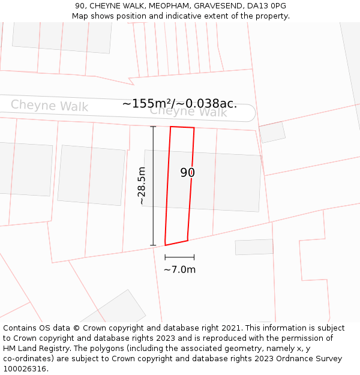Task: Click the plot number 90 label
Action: (x=188, y=173)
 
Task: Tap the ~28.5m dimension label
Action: (x=142, y=186)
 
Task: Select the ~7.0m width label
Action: (x=179, y=270)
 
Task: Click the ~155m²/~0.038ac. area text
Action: (x=179, y=104)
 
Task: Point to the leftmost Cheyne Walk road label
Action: (x=49, y=106)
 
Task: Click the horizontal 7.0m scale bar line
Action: (x=179, y=257)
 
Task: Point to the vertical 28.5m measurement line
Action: (x=153, y=186)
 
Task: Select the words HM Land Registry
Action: (x=35, y=349)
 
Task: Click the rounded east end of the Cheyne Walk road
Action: (x=251, y=113)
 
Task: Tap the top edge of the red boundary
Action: (x=182, y=127)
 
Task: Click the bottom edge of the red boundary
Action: (x=176, y=243)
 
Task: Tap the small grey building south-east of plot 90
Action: (x=254, y=247)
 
